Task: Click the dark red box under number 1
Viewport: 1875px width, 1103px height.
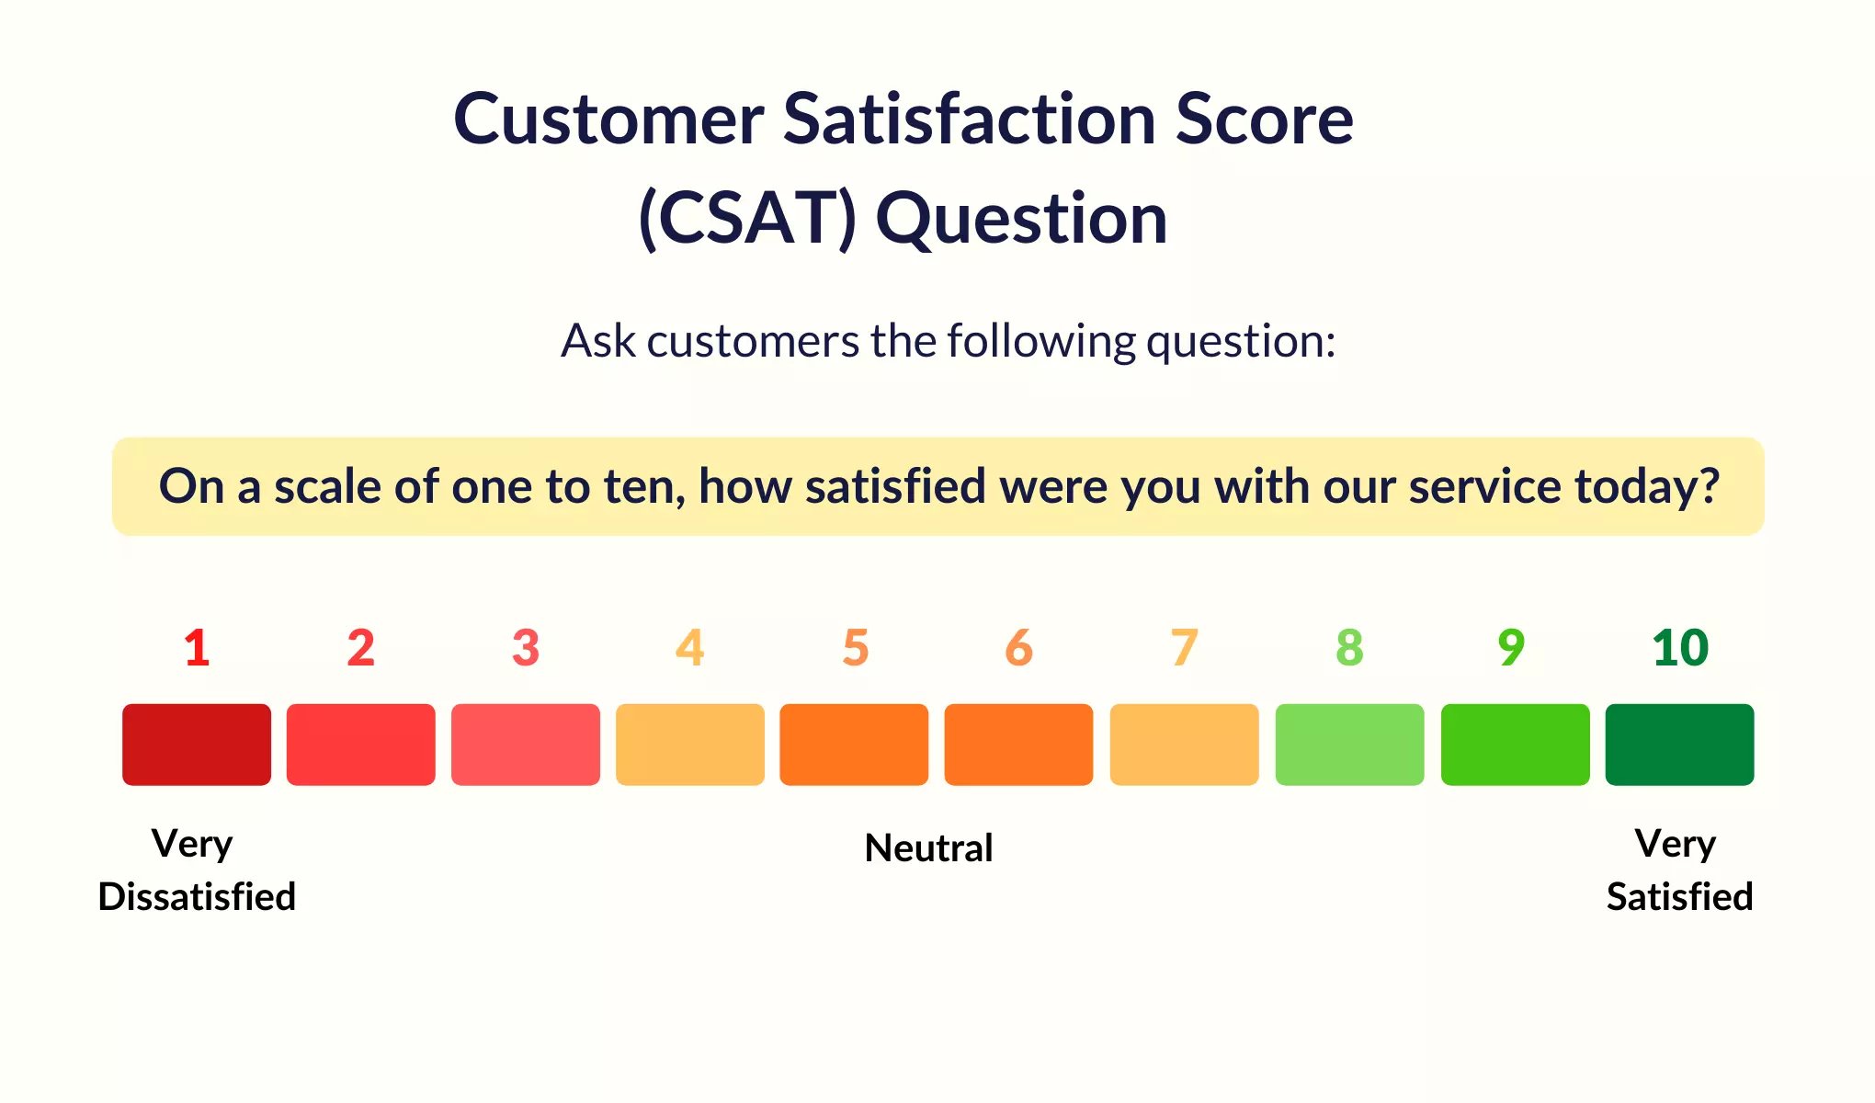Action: pos(197,745)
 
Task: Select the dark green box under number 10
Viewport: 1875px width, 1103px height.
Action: pos(1679,745)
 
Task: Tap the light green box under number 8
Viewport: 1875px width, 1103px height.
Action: pos(1349,745)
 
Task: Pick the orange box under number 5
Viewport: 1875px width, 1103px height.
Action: pos(854,745)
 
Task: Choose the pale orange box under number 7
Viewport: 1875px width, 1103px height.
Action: pos(1184,745)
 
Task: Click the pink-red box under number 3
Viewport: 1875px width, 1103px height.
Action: pos(526,745)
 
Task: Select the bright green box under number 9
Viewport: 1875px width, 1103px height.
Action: pos(1515,745)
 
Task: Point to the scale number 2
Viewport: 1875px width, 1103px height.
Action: pos(361,648)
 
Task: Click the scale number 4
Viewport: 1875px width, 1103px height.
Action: pos(690,648)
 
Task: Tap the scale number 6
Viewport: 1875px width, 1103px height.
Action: pos(1019,648)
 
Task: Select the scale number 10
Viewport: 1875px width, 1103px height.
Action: pos(1680,648)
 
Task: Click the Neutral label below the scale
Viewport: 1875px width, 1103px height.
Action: pos(929,847)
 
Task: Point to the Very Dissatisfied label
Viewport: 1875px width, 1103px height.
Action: pos(197,870)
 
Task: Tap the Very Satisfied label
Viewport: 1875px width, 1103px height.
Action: pos(1679,870)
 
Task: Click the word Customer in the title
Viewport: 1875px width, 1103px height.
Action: pos(609,119)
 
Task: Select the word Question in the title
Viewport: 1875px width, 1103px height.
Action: pos(1021,221)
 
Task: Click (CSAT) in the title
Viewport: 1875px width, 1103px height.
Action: pos(747,219)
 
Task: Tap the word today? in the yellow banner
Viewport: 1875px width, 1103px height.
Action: pos(1647,486)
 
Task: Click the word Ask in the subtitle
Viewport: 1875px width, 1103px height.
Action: pos(598,341)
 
